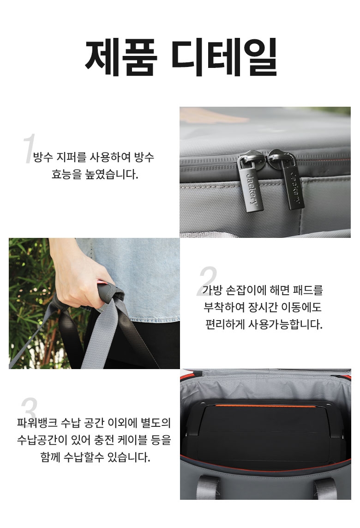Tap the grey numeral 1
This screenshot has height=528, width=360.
29,148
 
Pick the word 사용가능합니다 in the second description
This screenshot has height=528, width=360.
285,325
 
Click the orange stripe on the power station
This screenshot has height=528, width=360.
266,406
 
